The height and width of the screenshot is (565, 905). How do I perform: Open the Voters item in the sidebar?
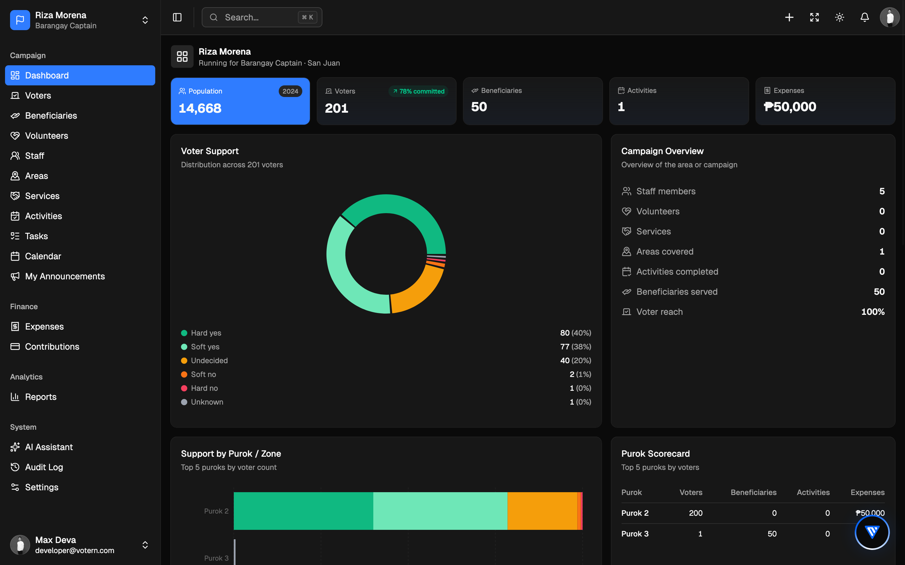[x=38, y=96]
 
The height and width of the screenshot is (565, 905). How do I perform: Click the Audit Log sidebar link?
[x=44, y=467]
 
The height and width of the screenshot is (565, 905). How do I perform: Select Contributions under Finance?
[x=52, y=347]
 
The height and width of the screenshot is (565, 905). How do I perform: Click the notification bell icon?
[x=864, y=17]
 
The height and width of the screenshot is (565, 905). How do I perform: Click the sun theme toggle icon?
[x=840, y=17]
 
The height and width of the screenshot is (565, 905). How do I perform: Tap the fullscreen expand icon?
[x=814, y=17]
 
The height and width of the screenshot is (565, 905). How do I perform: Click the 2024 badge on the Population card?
[x=290, y=91]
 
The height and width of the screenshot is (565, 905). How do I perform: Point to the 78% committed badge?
[x=419, y=91]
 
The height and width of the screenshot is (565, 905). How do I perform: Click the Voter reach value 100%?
[x=873, y=312]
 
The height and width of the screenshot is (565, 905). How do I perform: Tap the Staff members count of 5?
[x=882, y=191]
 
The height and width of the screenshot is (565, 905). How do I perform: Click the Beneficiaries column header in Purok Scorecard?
[x=754, y=492]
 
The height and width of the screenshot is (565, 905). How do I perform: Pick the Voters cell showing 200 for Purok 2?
[x=696, y=513]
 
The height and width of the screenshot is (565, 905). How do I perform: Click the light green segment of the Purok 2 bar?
[x=440, y=511]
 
